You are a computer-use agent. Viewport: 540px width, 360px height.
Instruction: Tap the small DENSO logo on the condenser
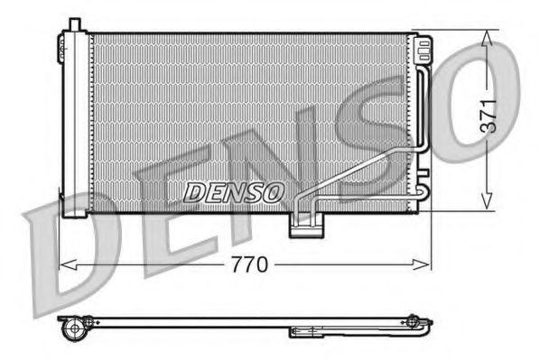234,191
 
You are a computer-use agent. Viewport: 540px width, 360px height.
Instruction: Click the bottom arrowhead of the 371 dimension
488,204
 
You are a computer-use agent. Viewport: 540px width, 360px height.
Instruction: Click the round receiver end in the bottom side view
71,329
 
